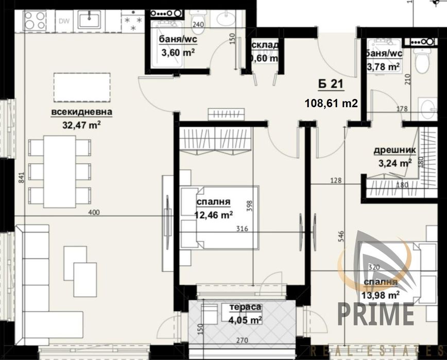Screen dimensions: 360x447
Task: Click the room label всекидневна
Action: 81,113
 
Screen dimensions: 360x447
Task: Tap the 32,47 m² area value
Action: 81,124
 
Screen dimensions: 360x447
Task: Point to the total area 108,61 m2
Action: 331,103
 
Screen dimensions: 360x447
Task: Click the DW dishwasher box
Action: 64,21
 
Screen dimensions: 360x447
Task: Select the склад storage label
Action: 265,45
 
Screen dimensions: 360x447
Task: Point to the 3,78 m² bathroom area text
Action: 383,66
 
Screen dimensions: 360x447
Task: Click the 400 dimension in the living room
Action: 94,212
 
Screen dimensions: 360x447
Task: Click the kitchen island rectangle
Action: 81,87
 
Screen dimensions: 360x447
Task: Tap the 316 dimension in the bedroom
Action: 243,229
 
